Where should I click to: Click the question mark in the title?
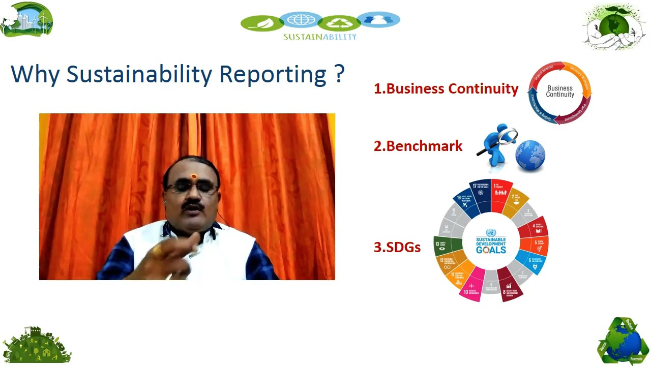pos(340,73)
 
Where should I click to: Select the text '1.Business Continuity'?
pos(446,88)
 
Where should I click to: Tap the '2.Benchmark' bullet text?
pos(418,146)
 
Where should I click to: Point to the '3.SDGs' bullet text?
pos(397,247)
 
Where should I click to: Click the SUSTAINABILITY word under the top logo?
pos(320,37)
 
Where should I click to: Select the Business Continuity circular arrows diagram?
pos(559,92)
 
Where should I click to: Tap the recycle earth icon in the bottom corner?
pos(623,342)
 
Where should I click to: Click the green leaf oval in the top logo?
pos(262,23)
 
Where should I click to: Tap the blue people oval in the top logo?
pos(378,20)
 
